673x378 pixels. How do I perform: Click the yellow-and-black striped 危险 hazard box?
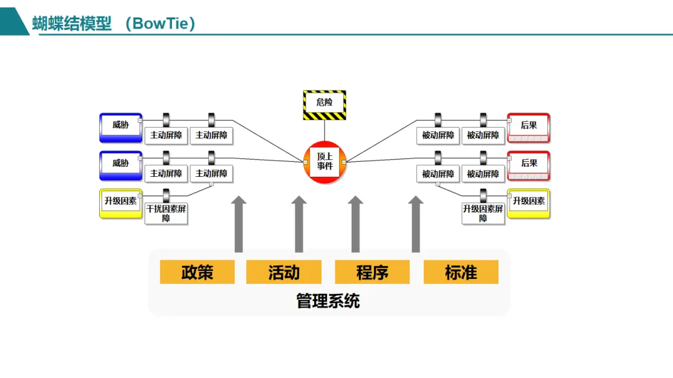[x=324, y=105]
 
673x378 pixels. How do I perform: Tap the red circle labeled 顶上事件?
[x=325, y=162]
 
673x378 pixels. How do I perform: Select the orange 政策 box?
[x=197, y=272]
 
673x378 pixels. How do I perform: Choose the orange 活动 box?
[x=284, y=272]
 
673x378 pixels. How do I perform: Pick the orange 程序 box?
[x=372, y=272]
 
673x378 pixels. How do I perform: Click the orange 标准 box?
[x=461, y=272]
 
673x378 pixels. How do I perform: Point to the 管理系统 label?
[x=328, y=302]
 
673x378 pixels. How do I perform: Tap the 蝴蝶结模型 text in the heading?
[x=72, y=24]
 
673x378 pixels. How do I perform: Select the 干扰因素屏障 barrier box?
[x=166, y=214]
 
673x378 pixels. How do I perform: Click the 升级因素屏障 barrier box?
[x=483, y=214]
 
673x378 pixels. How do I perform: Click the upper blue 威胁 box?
[x=121, y=127]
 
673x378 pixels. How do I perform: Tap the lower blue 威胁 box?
[x=121, y=165]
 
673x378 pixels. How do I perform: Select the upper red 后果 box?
[x=528, y=127]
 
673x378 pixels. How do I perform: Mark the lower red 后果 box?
[x=528, y=165]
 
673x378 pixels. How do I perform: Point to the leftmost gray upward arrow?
[x=239, y=224]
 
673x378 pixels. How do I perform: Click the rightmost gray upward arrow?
[x=416, y=224]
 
